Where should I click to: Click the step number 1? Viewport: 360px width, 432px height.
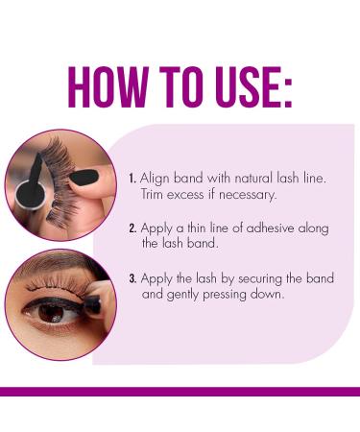pyautogui.click(x=132, y=179)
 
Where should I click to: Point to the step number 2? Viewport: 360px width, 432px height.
pyautogui.click(x=132, y=228)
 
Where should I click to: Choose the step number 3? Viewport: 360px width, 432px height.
pyautogui.click(x=132, y=278)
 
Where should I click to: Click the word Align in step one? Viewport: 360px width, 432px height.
pyautogui.click(x=155, y=180)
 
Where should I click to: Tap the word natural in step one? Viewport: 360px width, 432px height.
pyautogui.click(x=253, y=179)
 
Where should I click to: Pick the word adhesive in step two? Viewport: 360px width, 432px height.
pyautogui.click(x=270, y=228)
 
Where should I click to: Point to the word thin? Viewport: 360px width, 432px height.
pyautogui.click(x=197, y=228)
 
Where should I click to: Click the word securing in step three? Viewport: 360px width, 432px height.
pyautogui.click(x=260, y=279)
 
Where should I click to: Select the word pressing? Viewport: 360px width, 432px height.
pyautogui.click(x=225, y=296)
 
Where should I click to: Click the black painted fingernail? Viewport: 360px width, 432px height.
pyautogui.click(x=84, y=177)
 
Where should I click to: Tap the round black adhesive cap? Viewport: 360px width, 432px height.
pyautogui.click(x=31, y=194)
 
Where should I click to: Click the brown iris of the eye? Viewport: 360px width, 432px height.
pyautogui.click(x=52, y=313)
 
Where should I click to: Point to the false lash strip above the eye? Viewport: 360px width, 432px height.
pyautogui.click(x=60, y=281)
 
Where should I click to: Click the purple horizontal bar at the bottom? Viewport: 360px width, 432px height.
pyautogui.click(x=180, y=392)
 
